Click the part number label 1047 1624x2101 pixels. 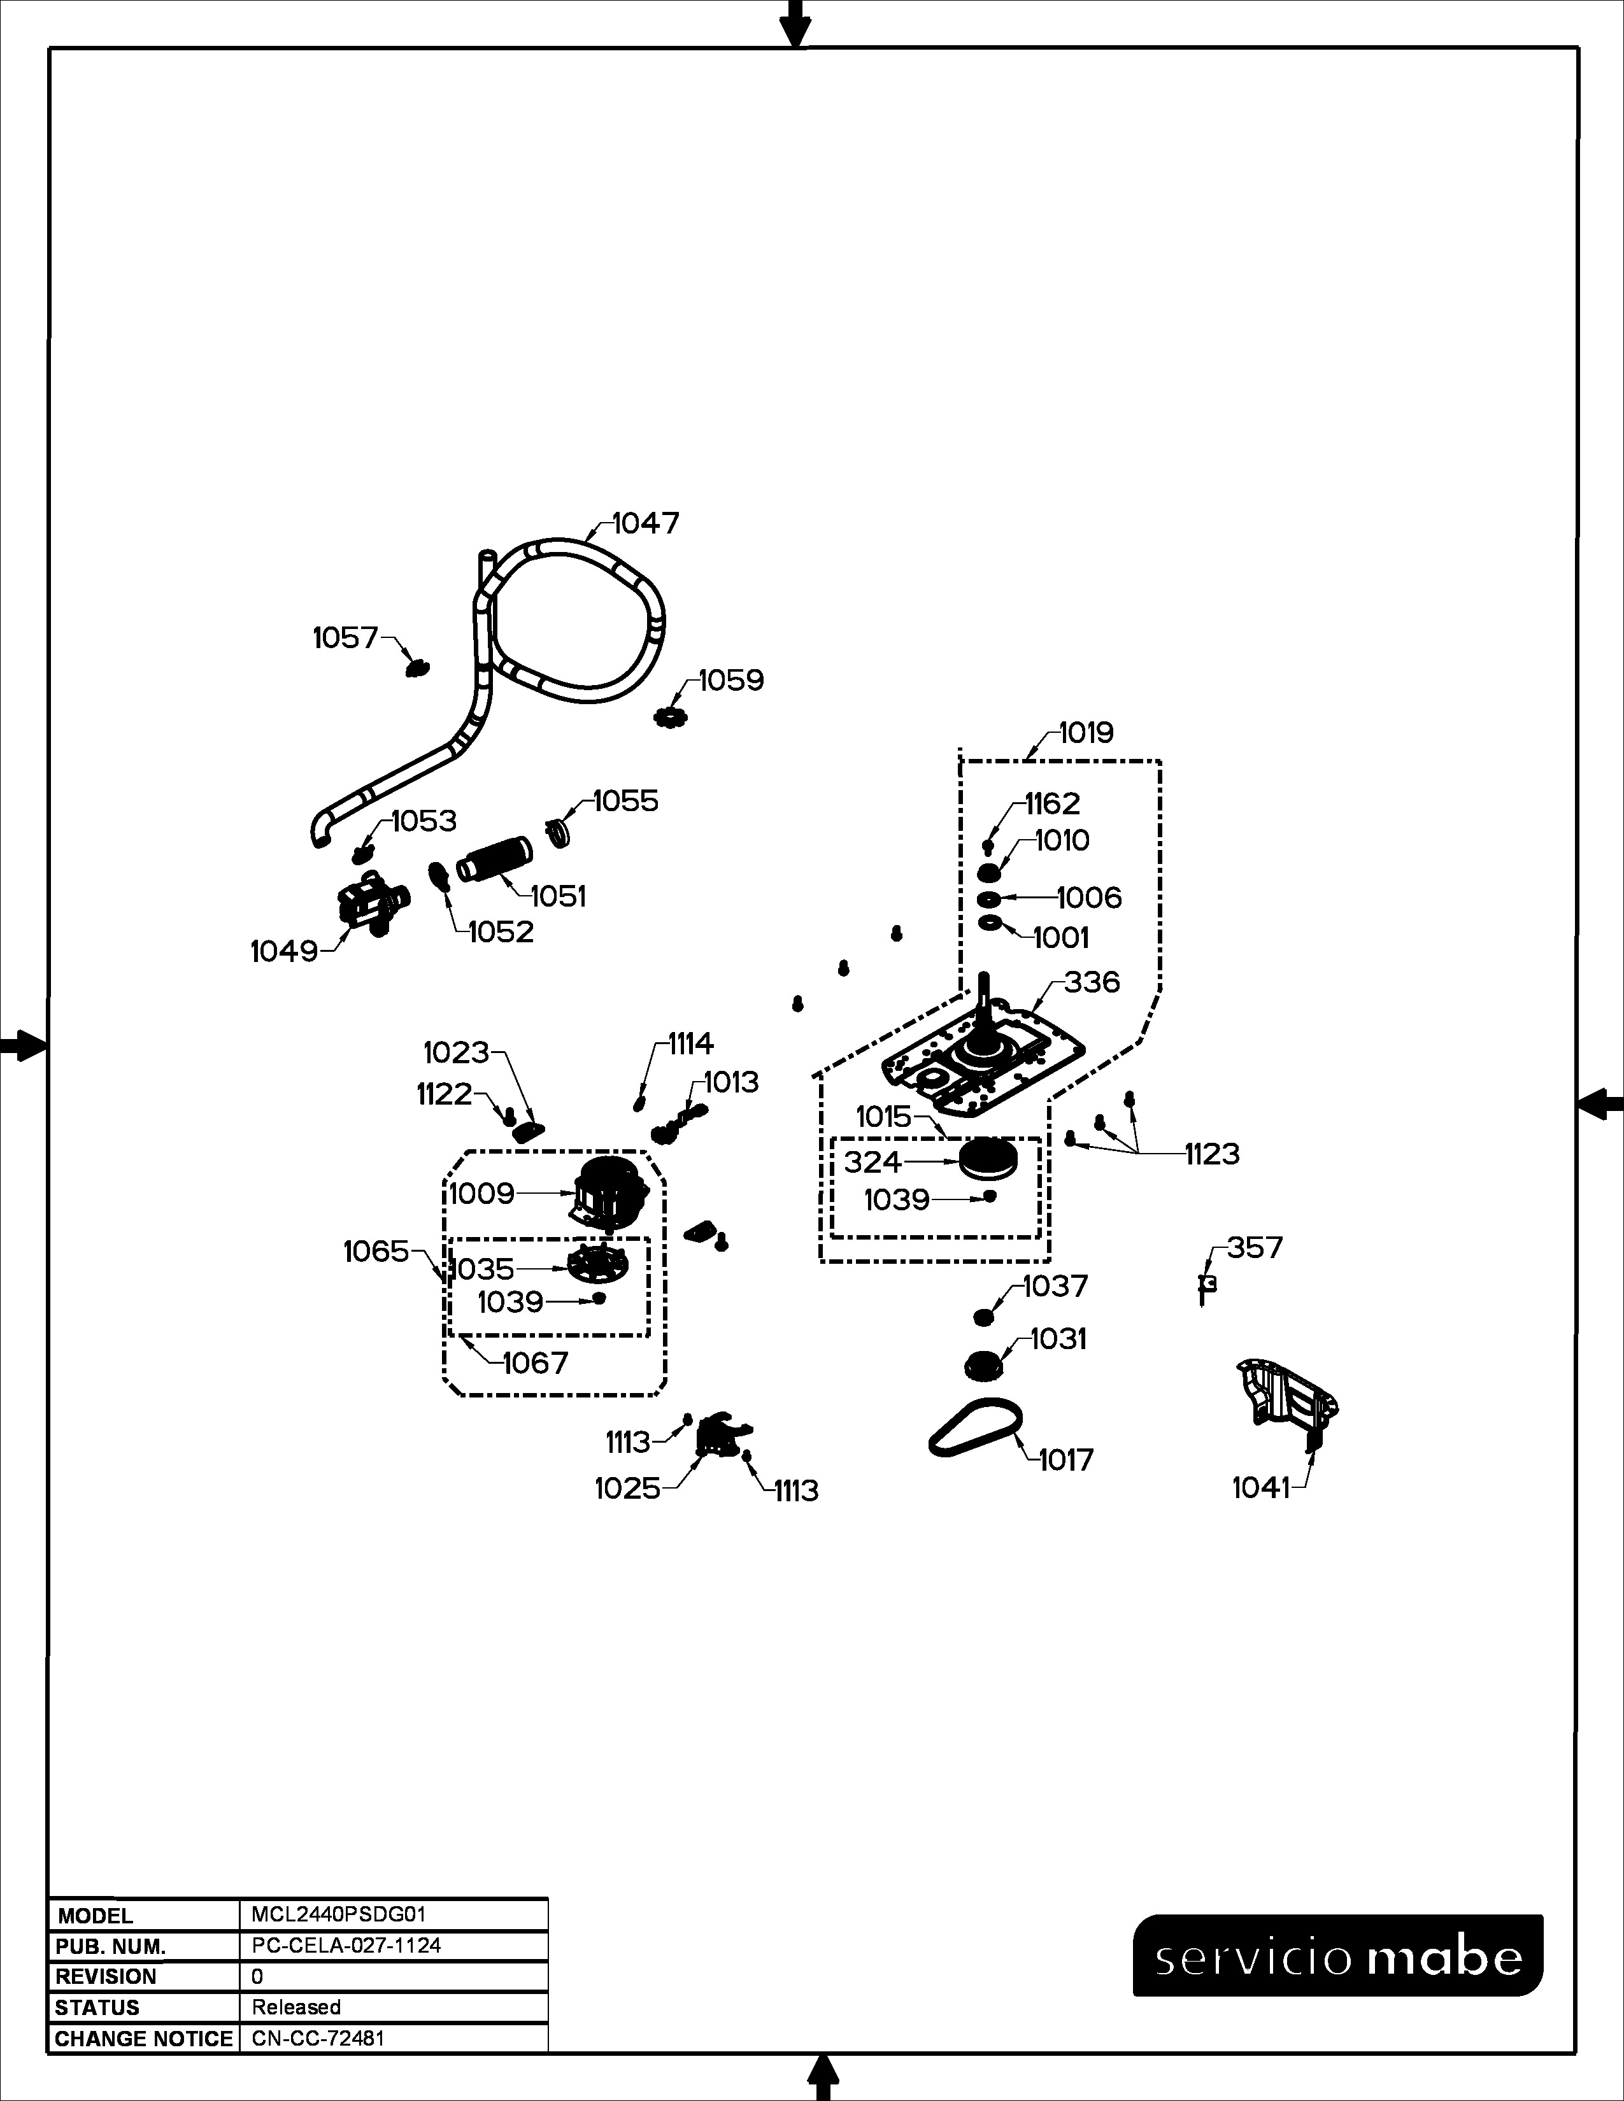[x=646, y=523]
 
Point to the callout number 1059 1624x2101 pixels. [x=731, y=681]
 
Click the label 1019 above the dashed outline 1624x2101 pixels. [x=1086, y=733]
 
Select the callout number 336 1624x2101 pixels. [x=1092, y=982]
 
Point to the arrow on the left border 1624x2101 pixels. [x=21, y=1045]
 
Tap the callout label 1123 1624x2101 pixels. [x=1211, y=1154]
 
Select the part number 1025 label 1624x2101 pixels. [x=627, y=1489]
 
